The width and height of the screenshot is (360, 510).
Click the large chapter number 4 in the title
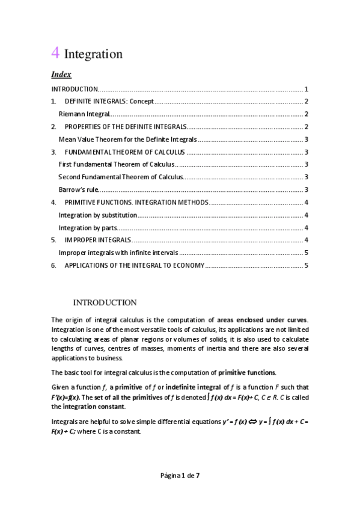tap(55, 53)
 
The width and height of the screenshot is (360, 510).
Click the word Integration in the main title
tap(93, 54)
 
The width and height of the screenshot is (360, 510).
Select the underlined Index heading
tap(61, 75)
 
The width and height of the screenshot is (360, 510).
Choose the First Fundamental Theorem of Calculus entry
tap(116, 164)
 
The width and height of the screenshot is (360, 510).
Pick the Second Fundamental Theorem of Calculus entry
tap(120, 177)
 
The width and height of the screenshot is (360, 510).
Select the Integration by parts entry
tap(87, 227)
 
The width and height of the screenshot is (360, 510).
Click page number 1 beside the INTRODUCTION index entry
tap(307, 88)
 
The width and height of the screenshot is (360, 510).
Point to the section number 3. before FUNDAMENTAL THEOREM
tap(53, 152)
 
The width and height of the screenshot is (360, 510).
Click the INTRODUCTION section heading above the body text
tap(105, 303)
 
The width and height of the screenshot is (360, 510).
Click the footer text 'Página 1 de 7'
tap(180, 476)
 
